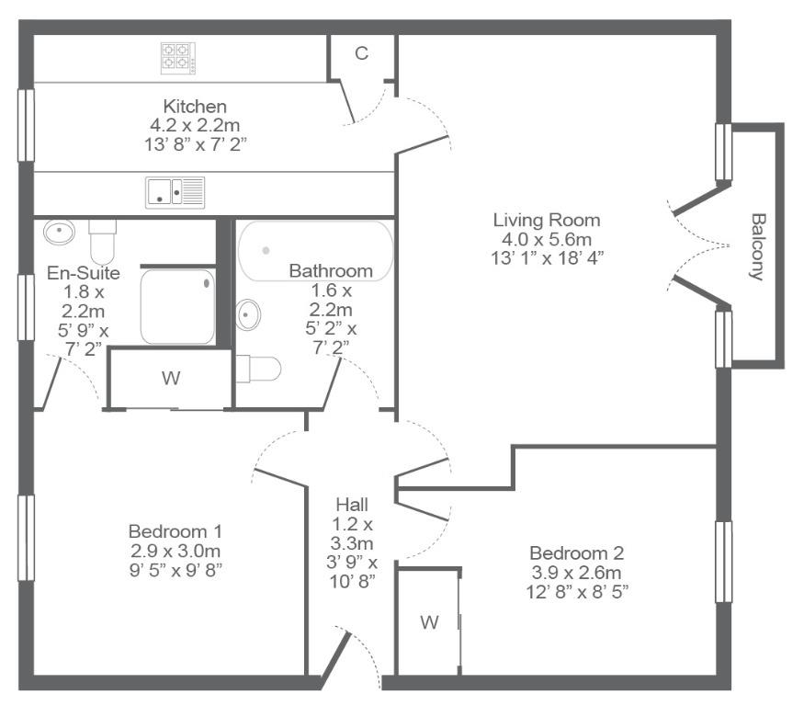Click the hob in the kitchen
click(178, 58)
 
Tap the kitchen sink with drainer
click(175, 193)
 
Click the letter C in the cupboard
click(362, 53)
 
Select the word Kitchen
click(195, 107)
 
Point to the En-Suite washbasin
click(60, 232)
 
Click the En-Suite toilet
click(102, 242)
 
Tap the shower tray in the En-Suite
click(177, 307)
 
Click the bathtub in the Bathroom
click(315, 251)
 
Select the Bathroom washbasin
click(248, 314)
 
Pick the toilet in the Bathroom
click(258, 369)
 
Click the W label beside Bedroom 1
click(171, 378)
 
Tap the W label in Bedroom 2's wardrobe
click(429, 622)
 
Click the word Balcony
click(757, 246)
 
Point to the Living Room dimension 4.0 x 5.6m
click(547, 239)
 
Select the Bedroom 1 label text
click(175, 531)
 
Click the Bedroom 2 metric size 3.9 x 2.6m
click(577, 573)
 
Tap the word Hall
click(352, 505)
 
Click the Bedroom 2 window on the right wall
click(724, 562)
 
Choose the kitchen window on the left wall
click(26, 126)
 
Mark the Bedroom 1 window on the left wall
click(26, 538)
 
